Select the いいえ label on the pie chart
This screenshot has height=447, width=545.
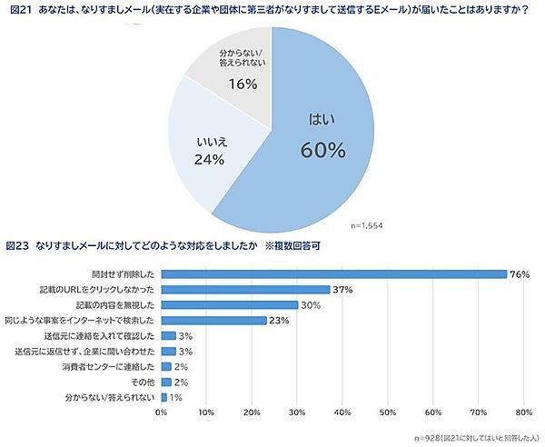[x=210, y=141]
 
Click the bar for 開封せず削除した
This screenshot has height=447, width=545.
[x=333, y=273]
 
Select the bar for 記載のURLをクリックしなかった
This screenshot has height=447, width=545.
[x=245, y=289]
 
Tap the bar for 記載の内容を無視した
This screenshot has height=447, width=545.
[x=229, y=304]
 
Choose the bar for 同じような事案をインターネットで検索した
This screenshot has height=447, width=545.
[x=213, y=320]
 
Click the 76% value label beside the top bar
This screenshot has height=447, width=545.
[x=520, y=273]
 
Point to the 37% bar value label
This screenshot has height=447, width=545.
[x=342, y=289]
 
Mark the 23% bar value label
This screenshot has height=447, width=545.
[x=279, y=320]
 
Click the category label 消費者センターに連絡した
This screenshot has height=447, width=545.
[x=109, y=366]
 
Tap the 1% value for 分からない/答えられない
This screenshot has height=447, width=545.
[x=174, y=397]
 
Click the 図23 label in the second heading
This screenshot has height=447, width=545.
[x=18, y=246]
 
